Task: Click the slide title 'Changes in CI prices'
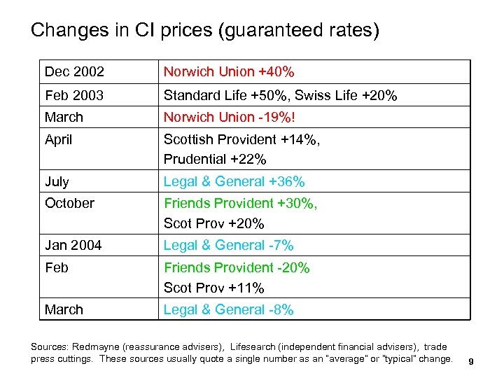click(x=205, y=31)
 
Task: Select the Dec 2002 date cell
click(x=74, y=72)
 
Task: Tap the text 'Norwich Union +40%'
click(x=229, y=72)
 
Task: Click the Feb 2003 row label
click(x=74, y=95)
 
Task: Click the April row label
click(x=59, y=139)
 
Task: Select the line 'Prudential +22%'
click(x=215, y=160)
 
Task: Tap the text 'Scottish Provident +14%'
click(x=241, y=139)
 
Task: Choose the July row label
click(x=57, y=182)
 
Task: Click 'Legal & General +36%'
click(x=234, y=182)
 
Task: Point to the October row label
click(x=69, y=203)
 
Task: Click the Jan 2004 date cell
click(x=73, y=246)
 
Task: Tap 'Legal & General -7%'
click(x=229, y=246)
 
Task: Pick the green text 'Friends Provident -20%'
click(x=237, y=267)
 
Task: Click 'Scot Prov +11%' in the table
click(x=214, y=288)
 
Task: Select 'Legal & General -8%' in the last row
click(x=229, y=309)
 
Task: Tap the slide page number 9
click(x=472, y=361)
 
